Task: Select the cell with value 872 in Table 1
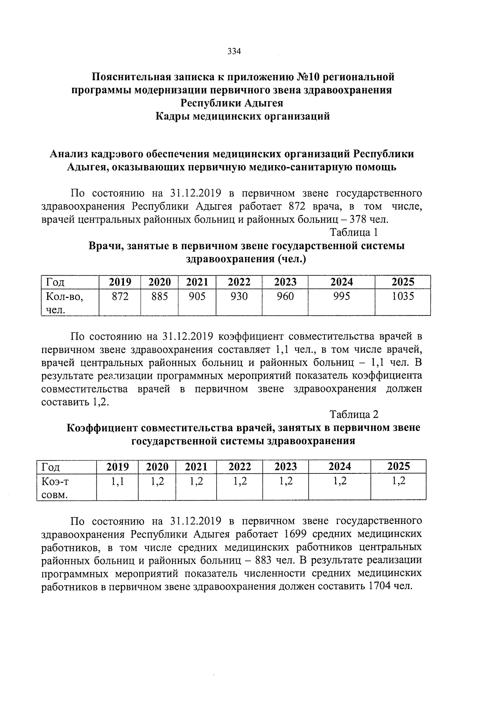point(120,297)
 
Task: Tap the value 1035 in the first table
point(402,297)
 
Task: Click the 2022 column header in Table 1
point(239,282)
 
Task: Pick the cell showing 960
point(285,297)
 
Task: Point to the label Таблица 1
point(354,233)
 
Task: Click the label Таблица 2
point(354,414)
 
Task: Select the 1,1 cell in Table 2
point(117,481)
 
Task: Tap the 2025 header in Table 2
point(398,467)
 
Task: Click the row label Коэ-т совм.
point(55,488)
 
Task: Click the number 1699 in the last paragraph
point(295,534)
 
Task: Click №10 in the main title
point(308,77)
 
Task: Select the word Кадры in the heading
point(173,116)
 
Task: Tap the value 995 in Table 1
point(342,297)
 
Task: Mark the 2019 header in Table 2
point(117,467)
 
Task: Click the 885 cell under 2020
point(159,297)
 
